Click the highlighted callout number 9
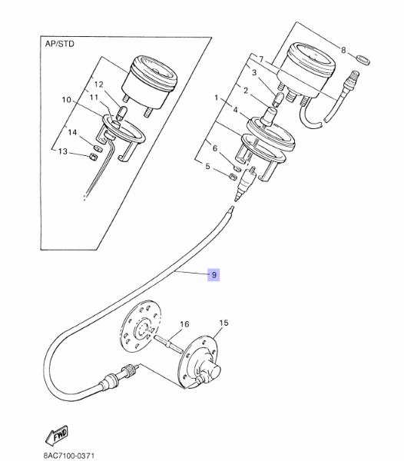tap(214, 275)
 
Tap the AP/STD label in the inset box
tap(60, 44)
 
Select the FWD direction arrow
tap(57, 434)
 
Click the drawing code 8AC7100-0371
tap(69, 456)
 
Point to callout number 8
tap(343, 50)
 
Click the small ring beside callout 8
tap(363, 59)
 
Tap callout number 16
tap(184, 324)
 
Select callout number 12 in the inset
tap(99, 85)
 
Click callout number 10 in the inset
tap(67, 100)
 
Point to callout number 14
tap(72, 132)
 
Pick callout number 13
tap(62, 151)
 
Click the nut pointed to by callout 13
tap(92, 156)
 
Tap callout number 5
tap(207, 167)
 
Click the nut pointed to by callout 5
tap(232, 177)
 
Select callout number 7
tap(261, 60)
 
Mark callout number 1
tap(217, 98)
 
